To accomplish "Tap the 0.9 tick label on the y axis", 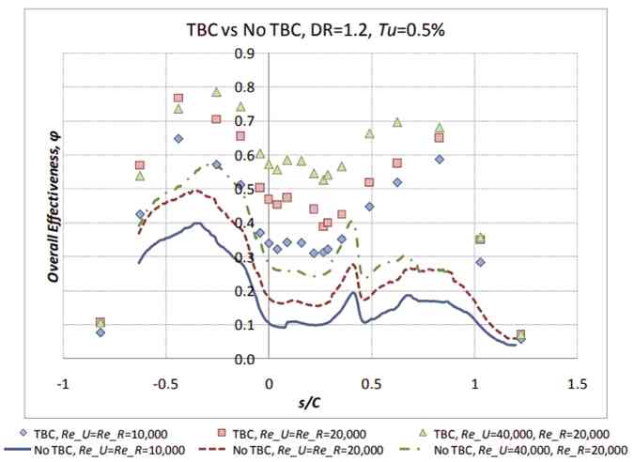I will click(242, 53).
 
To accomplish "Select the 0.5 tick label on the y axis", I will click(242, 189).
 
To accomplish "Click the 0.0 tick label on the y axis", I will click(242, 360).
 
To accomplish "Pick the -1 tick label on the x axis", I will click(63, 383).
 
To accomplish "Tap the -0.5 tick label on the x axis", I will click(165, 383).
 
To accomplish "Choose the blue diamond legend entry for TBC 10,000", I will click(23, 433).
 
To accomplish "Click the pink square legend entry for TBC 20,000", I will click(221, 433).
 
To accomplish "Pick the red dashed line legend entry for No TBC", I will click(215, 450).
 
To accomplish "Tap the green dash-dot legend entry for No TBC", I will click(418, 450).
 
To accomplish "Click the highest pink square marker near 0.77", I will click(178, 98).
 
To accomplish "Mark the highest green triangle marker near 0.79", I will click(216, 92).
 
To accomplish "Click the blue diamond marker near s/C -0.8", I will click(101, 332).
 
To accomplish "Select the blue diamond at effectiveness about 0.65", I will click(178, 139).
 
